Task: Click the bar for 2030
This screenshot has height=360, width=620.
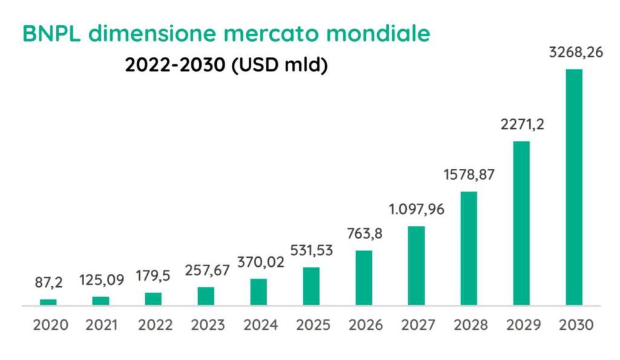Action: point(573,187)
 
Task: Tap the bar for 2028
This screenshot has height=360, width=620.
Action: point(469,248)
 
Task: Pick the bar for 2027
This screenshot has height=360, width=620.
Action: point(416,266)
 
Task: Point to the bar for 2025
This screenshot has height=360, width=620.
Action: point(311,286)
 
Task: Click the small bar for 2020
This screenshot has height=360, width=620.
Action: point(48,301)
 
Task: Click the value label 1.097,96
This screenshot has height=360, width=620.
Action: point(416,211)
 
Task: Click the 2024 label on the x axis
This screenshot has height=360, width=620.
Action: point(260,325)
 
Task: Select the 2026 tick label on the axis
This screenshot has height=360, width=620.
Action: point(366,325)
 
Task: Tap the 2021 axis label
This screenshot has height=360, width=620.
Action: point(102,325)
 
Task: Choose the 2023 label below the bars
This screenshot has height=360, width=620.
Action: point(208,325)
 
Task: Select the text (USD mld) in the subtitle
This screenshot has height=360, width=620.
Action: point(280,65)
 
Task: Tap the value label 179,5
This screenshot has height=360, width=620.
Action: point(154,275)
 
